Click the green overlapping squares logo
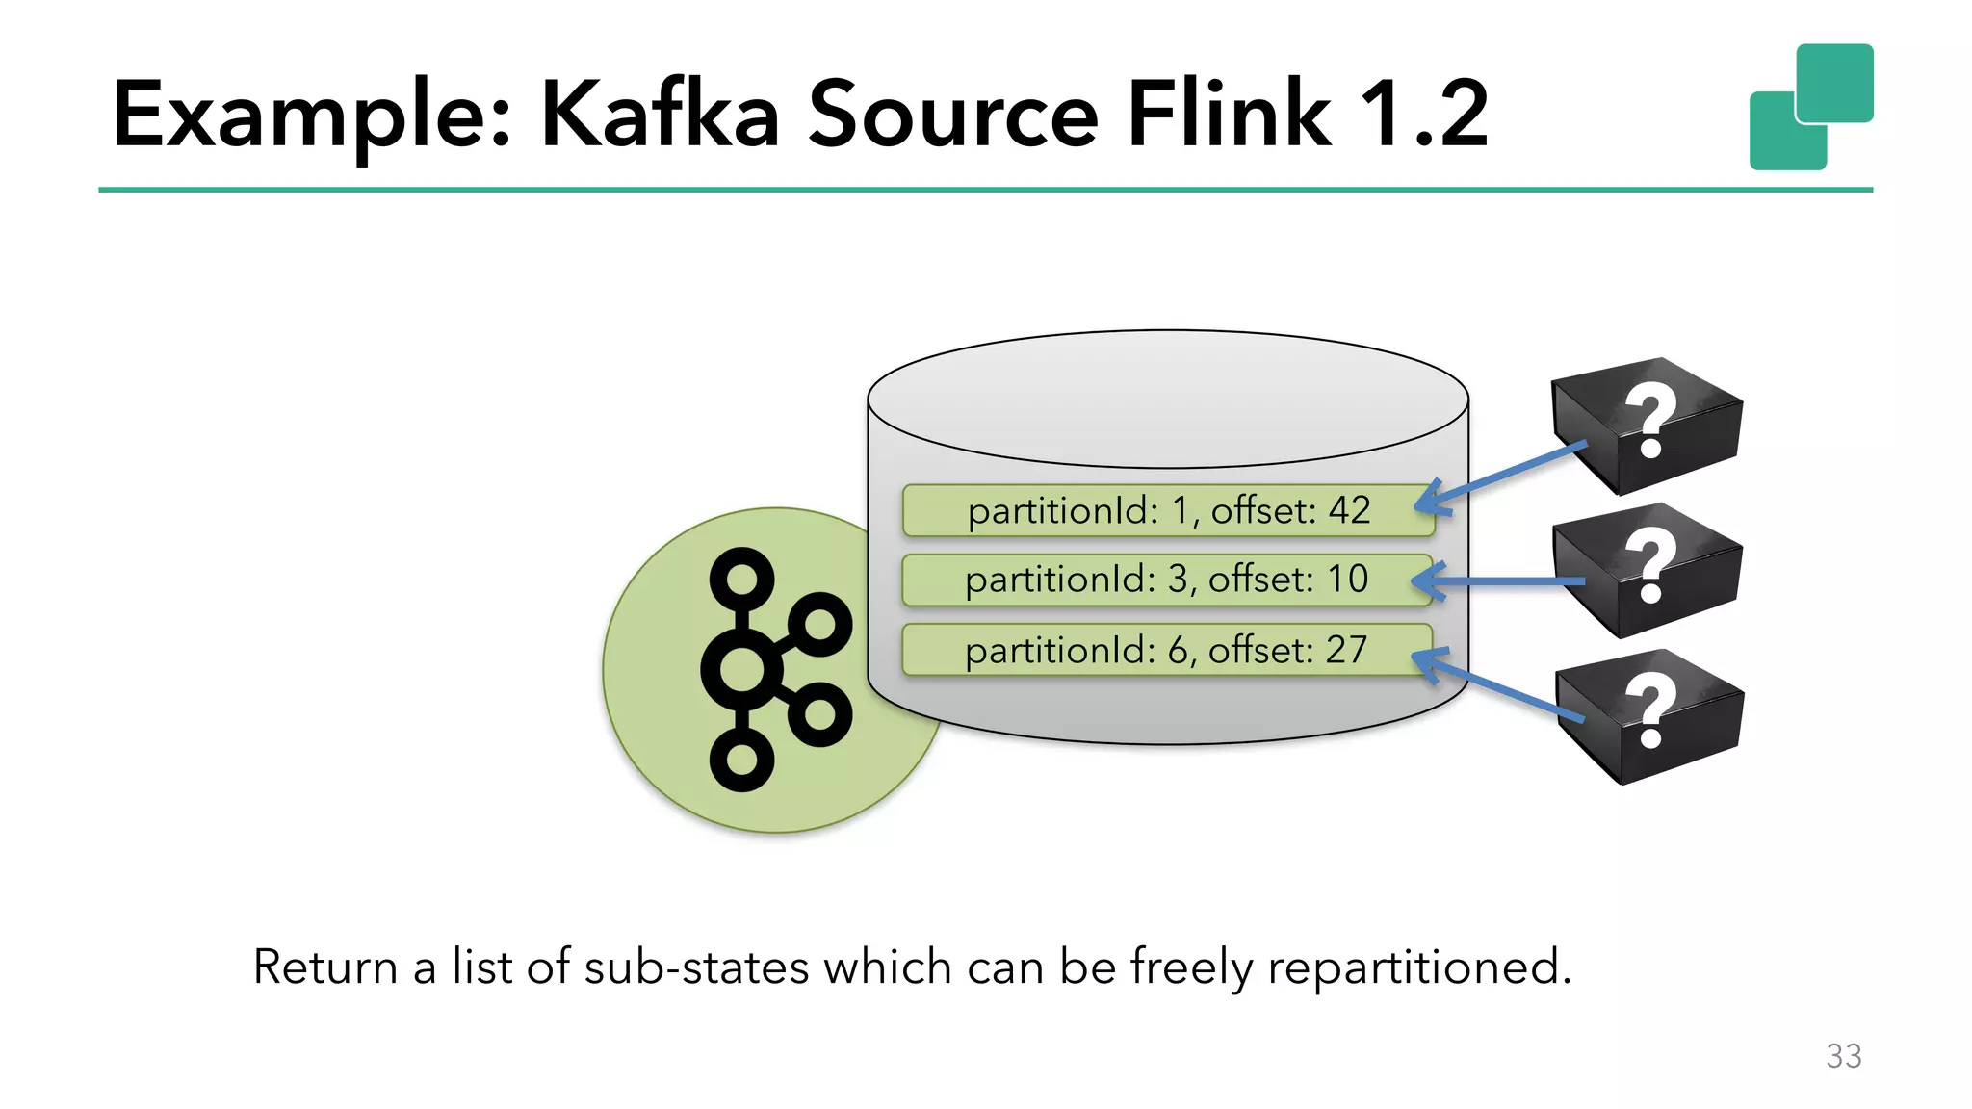tap(1810, 107)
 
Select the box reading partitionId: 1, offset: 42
tap(1167, 510)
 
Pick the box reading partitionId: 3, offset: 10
tap(1165, 580)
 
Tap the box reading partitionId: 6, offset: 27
tap(1165, 650)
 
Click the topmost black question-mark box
tap(1647, 425)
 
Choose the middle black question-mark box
tap(1648, 570)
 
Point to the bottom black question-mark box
tap(1650, 716)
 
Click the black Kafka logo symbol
tap(770, 669)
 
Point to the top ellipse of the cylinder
tap(1167, 399)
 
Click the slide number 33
tap(1843, 1056)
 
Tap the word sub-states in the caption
tap(695, 967)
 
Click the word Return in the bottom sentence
tap(324, 967)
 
